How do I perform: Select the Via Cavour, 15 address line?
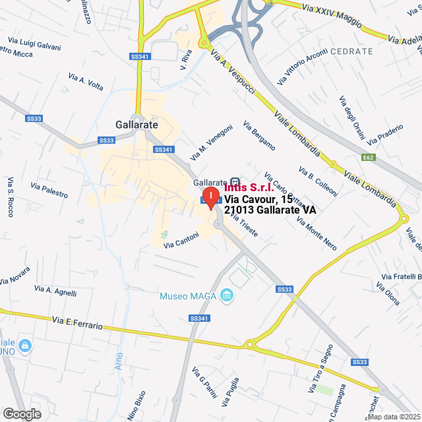pyautogui.click(x=258, y=198)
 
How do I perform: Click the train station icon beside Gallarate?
pyautogui.click(x=234, y=183)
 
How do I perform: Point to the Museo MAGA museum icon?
pyautogui.click(x=227, y=295)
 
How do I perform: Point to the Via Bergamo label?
pyautogui.click(x=259, y=136)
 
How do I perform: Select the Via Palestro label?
pyautogui.click(x=50, y=190)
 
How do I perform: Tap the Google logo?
pyautogui.click(x=21, y=413)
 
